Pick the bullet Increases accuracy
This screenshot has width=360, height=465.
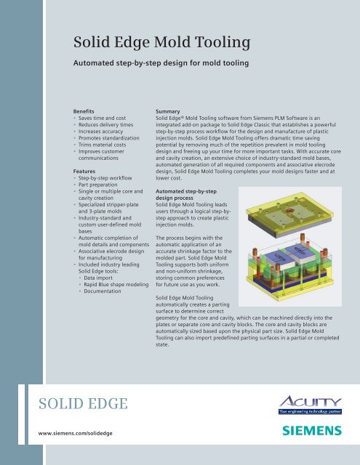[106, 135]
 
